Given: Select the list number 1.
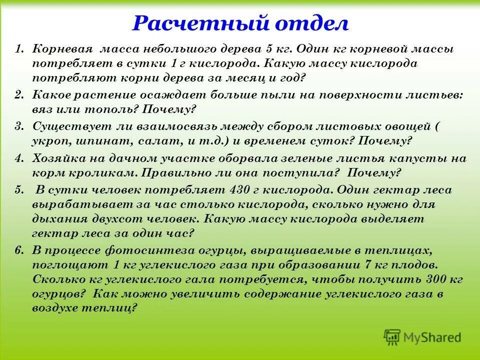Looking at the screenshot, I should pos(19,50).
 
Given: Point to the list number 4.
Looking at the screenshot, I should pos(19,158).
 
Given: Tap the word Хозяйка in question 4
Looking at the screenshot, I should pos(56,158).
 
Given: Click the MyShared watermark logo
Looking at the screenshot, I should pos(422,336).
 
